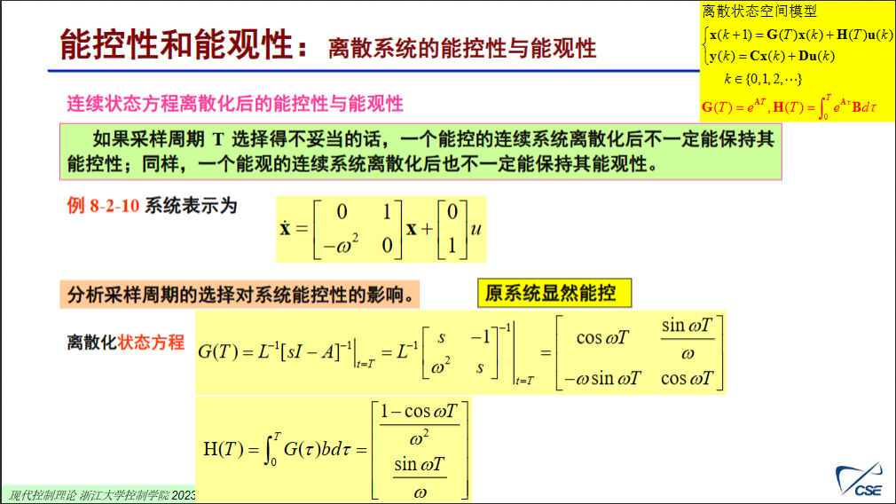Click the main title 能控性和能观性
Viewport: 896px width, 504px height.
tap(177, 44)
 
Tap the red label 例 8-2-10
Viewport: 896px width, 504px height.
tap(104, 206)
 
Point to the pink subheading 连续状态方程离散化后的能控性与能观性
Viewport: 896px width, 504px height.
tap(235, 104)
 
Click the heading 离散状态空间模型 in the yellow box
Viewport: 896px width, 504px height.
tap(759, 12)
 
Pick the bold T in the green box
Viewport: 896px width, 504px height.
tap(216, 138)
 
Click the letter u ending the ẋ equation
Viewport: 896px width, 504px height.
tap(476, 228)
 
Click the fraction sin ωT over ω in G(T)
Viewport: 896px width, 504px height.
tap(687, 340)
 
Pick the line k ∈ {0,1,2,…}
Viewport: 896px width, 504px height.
tap(763, 79)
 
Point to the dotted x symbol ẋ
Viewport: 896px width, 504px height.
tap(286, 228)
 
